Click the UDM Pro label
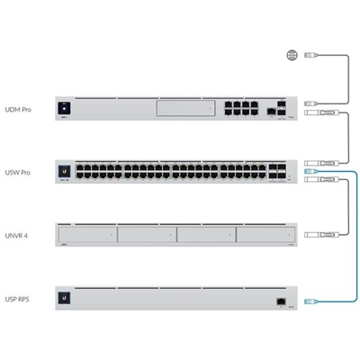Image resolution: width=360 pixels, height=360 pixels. [x=18, y=110]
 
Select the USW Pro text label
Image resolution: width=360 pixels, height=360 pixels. [x=18, y=173]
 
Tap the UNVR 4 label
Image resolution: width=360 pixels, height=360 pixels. [x=16, y=236]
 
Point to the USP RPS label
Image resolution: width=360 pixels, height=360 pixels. [x=17, y=299]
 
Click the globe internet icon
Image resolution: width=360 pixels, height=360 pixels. [x=292, y=55]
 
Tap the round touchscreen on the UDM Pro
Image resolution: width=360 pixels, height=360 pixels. [x=64, y=108]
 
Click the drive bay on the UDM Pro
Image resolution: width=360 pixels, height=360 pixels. [x=185, y=108]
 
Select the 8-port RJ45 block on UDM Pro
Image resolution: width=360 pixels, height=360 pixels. [x=241, y=109]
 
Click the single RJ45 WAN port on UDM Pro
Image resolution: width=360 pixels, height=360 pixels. [x=271, y=112]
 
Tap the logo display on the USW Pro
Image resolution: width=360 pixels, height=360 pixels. [x=65, y=172]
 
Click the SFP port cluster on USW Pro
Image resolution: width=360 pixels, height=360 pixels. [x=277, y=171]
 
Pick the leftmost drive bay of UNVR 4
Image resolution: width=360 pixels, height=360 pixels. [x=87, y=234]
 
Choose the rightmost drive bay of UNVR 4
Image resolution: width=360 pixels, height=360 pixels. [x=265, y=234]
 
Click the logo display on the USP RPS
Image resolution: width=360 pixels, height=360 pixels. [x=65, y=298]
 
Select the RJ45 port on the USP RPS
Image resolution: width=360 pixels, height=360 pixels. [x=281, y=301]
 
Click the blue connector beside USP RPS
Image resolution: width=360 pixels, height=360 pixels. [x=310, y=301]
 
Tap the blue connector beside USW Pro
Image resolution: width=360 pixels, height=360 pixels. [x=310, y=171]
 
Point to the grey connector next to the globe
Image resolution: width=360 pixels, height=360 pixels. [x=311, y=55]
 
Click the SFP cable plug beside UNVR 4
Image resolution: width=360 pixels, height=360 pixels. [x=321, y=235]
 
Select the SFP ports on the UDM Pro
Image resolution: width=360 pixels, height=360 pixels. [x=282, y=109]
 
